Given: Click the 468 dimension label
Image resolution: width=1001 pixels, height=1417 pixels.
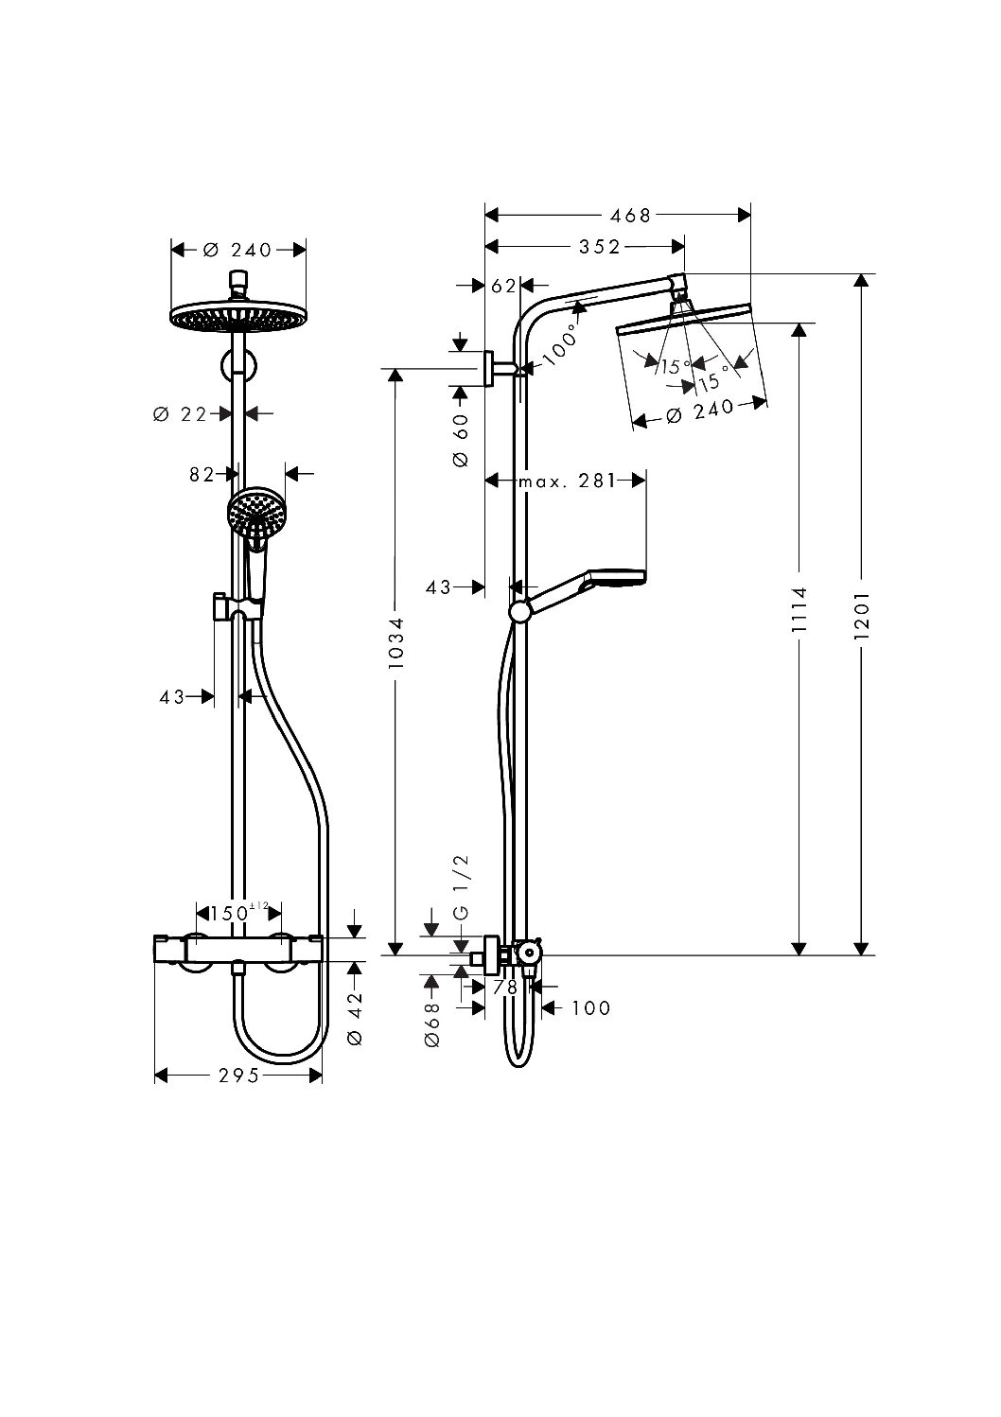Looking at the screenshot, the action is pyautogui.click(x=630, y=217).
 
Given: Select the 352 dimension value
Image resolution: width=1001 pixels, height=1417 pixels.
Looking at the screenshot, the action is pyautogui.click(x=600, y=247).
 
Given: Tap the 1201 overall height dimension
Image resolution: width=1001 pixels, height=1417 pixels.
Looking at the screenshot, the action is pyautogui.click(x=862, y=616).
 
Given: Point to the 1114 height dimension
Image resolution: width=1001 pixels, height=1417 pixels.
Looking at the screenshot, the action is pyautogui.click(x=800, y=609).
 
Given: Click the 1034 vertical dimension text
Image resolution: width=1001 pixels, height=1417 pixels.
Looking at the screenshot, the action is pyautogui.click(x=396, y=643).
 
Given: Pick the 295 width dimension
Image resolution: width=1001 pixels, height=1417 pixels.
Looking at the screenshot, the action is pyautogui.click(x=239, y=1076).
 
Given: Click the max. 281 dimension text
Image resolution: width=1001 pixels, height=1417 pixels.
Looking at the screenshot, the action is pyautogui.click(x=567, y=481).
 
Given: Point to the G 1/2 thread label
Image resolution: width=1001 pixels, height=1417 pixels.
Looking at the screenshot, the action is pyautogui.click(x=462, y=886).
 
